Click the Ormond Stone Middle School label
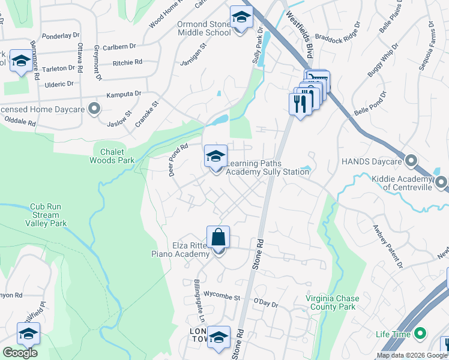[204, 28]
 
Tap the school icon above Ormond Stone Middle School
[241, 18]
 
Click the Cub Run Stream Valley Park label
[46, 215]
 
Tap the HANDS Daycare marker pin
[411, 161]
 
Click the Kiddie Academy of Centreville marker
[441, 182]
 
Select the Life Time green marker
[420, 334]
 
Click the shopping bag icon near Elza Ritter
[218, 238]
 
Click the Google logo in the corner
[20, 353]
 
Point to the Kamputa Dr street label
[123, 94]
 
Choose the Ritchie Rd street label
[128, 62]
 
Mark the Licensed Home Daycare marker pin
[94, 109]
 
